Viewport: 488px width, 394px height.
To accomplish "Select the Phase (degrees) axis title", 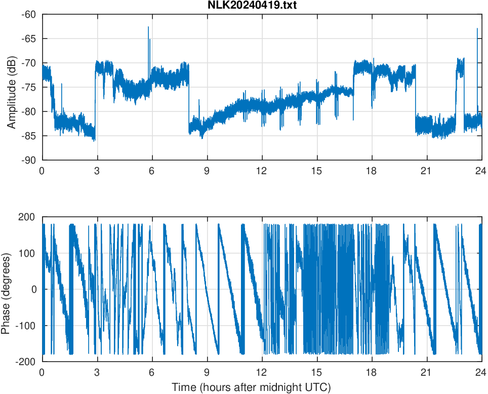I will pos(6,289).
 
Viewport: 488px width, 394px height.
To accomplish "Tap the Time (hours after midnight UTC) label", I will pos(251,388).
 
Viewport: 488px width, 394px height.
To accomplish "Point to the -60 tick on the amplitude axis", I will pos(29,14).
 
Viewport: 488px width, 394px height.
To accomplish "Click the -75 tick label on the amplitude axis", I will pos(29,87).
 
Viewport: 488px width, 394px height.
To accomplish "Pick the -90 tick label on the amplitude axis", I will pos(29,160).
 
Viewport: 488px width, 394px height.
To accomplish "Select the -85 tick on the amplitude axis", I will pos(29,136).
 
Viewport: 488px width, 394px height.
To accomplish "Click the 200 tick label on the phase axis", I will pos(28,217).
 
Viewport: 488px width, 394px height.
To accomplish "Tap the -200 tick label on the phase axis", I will pos(27,362).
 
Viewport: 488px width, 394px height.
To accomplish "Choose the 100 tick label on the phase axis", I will pos(28,253).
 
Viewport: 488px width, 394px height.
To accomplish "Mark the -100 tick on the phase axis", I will pos(27,326).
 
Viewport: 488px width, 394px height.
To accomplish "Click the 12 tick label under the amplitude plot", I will pos(262,171).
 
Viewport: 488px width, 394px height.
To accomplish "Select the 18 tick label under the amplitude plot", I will pos(372,171).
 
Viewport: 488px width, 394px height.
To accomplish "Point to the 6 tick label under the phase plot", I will pos(152,372).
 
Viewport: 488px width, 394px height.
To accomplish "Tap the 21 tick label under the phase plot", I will pos(426,372).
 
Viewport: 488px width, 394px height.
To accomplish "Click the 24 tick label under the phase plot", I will pos(481,372).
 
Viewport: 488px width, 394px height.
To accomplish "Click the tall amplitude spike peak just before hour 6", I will pos(148,27).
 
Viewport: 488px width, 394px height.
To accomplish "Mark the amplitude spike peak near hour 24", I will pos(477,29).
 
